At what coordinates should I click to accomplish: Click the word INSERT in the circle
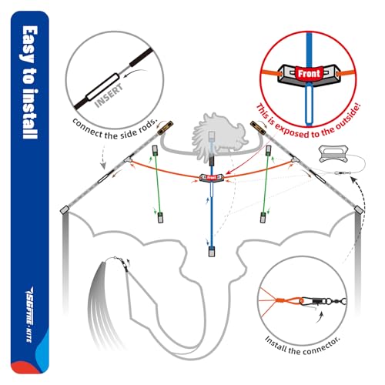coord(109,95)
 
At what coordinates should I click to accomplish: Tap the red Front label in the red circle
coord(309,74)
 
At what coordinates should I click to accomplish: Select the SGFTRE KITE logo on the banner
coord(29,314)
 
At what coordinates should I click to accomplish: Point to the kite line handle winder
coord(333,153)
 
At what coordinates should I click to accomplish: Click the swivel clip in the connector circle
coord(323,300)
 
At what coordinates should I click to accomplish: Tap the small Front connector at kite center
coord(212,178)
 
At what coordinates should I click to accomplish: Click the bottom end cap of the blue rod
coord(211,252)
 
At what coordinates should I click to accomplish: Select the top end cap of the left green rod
coord(155,150)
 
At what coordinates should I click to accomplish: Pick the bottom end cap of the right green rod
coord(263,217)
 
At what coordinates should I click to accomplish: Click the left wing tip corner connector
coord(65,210)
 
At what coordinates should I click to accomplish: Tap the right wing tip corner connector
coord(359,209)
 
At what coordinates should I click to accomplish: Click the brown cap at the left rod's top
coord(165,128)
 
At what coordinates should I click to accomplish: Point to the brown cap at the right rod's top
coord(258,128)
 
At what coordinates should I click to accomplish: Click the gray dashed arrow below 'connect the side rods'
coord(103,155)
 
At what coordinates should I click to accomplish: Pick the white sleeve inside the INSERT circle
coord(102,87)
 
